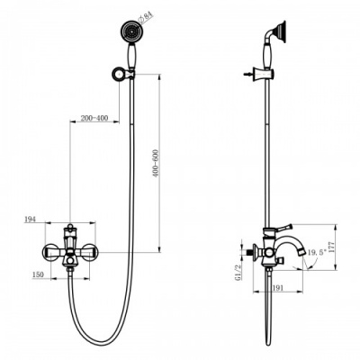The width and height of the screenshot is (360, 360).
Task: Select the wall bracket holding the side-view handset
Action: point(267,72)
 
